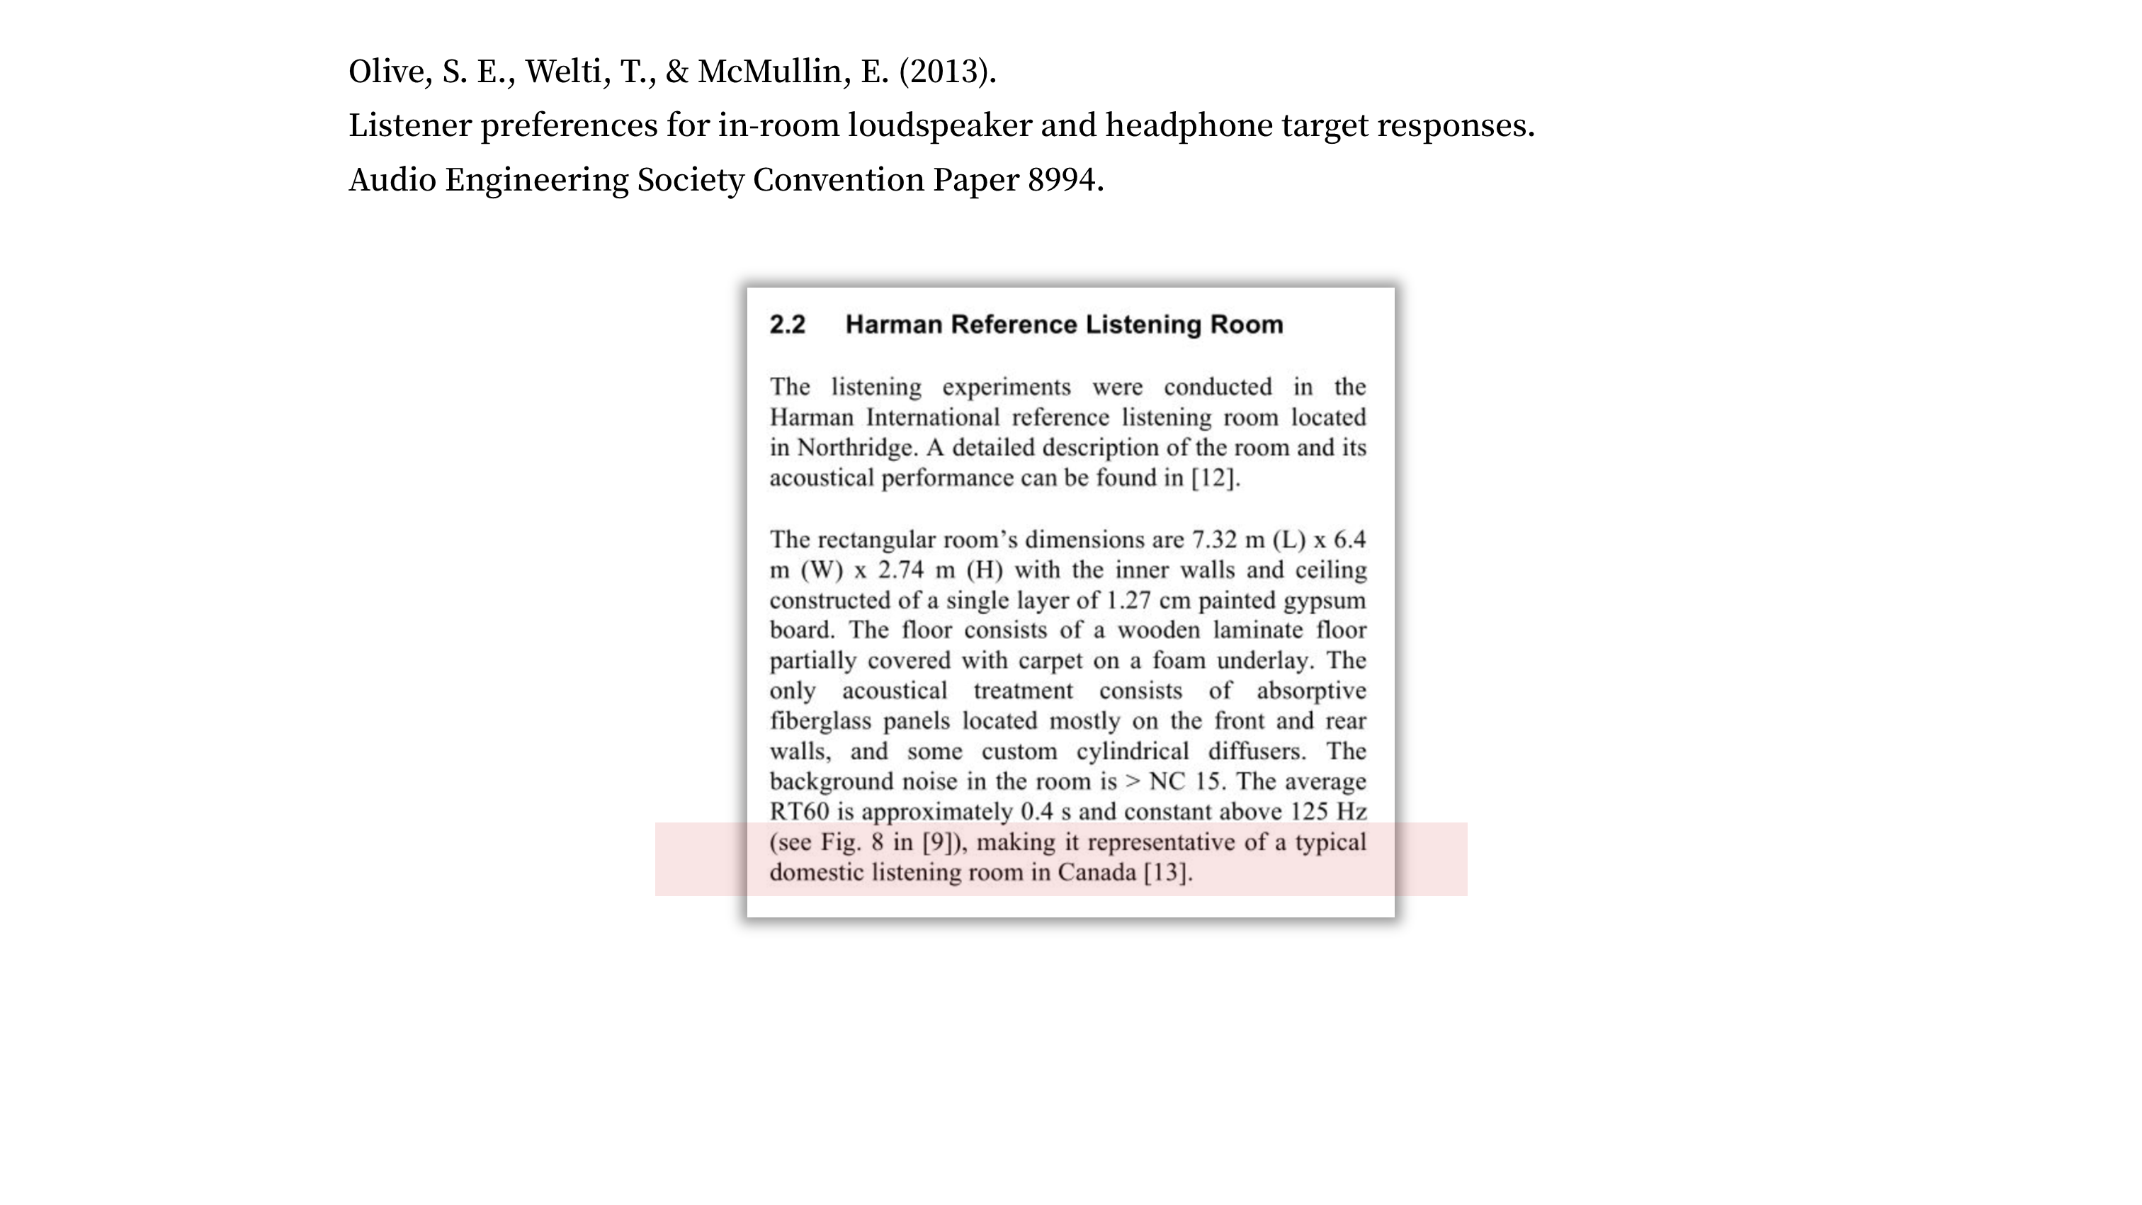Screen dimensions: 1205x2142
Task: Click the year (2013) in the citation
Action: pos(947,72)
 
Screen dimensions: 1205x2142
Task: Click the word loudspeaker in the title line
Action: pos(940,126)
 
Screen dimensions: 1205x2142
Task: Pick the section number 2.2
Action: pos(787,324)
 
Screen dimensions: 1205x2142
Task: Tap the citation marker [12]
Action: pos(1215,478)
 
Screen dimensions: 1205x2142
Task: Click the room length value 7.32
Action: pos(1214,540)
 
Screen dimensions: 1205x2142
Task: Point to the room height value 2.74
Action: pos(900,570)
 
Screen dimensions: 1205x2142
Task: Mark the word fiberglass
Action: pos(820,721)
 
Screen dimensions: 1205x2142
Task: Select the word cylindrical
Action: pos(1133,752)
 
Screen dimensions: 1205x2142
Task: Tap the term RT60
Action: pos(799,812)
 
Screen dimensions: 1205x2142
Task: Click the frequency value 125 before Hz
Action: pos(1309,812)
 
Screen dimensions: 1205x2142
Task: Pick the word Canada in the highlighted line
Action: pos(1096,872)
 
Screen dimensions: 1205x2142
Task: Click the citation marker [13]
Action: pos(1167,872)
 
